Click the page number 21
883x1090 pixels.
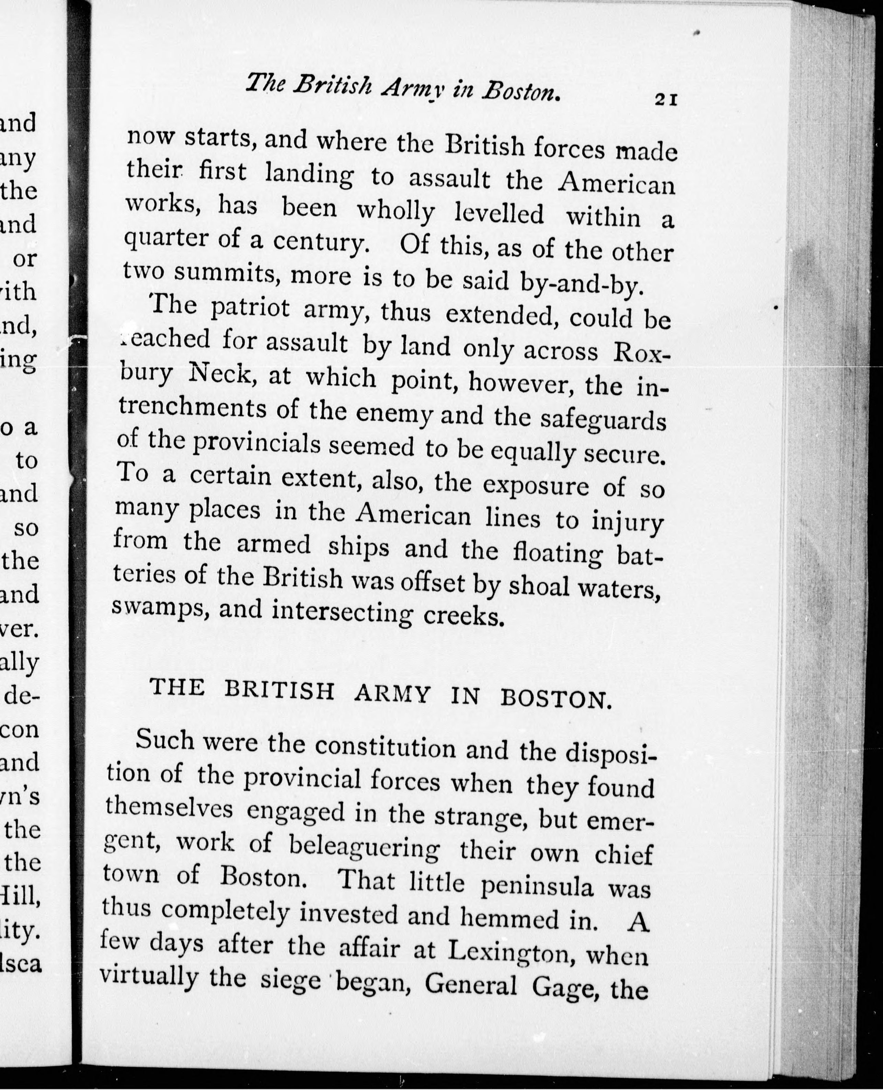point(666,99)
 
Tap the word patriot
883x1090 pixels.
point(249,310)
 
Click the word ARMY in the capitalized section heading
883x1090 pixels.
point(393,694)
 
